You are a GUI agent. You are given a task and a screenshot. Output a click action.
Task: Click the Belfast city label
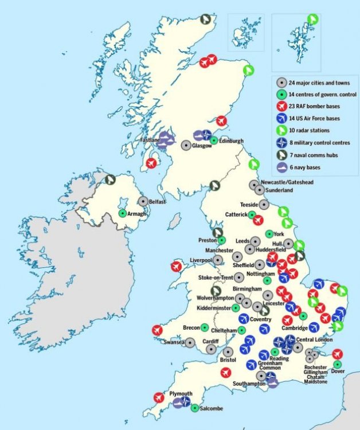tap(157, 202)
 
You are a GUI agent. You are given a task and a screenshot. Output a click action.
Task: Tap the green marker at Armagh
tap(122, 213)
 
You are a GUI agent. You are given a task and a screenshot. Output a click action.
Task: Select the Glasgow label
tap(202, 146)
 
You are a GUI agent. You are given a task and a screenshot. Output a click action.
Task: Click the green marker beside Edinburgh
tap(214, 140)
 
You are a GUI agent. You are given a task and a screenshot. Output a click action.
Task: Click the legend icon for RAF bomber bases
tap(281, 106)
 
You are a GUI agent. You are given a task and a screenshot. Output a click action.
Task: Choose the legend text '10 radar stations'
tap(309, 131)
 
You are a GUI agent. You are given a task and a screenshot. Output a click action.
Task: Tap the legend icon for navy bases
tap(281, 167)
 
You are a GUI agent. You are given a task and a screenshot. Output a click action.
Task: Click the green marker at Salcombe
tap(195, 408)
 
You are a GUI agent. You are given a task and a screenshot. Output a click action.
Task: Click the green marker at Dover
tap(337, 364)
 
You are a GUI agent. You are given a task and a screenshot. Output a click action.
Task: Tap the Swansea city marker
tap(190, 343)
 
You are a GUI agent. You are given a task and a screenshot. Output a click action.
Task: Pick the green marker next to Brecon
tap(204, 327)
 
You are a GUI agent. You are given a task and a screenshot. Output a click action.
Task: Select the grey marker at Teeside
tap(264, 204)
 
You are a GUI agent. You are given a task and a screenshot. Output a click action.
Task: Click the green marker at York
tap(269, 234)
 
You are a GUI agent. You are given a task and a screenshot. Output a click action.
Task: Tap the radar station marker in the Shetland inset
tap(312, 19)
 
